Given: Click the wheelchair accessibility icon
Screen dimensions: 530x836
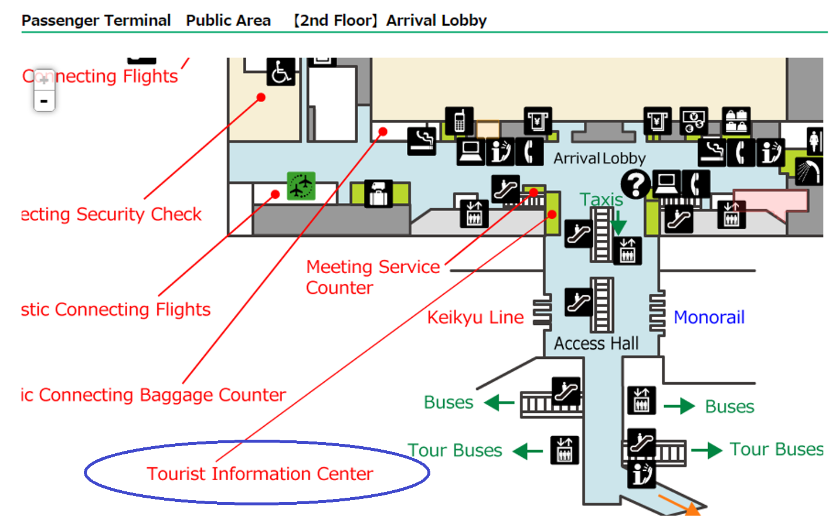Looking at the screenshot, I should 281,72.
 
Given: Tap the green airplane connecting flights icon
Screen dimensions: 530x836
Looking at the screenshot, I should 301,186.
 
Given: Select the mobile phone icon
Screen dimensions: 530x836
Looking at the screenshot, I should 459,121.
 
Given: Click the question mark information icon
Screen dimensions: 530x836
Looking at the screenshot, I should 636,184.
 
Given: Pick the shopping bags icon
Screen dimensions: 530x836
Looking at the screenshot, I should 736,121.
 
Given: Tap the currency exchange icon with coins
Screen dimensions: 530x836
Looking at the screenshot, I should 694,121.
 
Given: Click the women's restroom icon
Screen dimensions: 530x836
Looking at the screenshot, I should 814,141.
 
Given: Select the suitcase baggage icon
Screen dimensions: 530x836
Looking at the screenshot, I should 378,193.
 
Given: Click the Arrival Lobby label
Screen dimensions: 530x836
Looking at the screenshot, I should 599,158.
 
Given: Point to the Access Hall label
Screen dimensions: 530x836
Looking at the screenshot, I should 596,344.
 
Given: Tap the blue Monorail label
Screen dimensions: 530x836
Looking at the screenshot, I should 709,317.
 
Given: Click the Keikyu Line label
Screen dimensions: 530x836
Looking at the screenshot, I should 475,317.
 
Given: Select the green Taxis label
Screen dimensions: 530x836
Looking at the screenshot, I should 601,199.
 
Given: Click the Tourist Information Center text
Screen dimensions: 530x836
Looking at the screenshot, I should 260,474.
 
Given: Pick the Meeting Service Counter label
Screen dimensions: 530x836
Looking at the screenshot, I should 372,277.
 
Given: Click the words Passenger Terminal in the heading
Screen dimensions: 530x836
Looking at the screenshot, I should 96,21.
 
